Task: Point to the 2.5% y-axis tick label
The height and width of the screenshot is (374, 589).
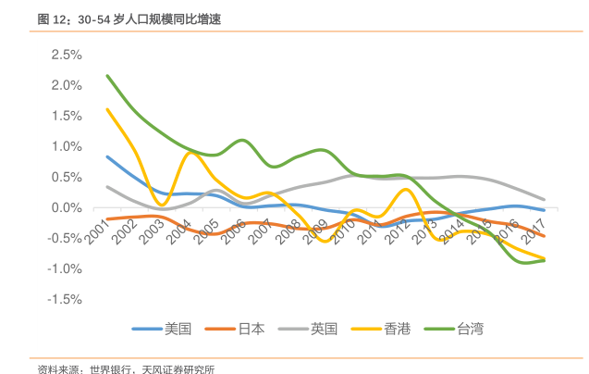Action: (x=67, y=55)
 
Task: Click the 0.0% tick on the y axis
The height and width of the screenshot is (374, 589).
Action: (x=67, y=207)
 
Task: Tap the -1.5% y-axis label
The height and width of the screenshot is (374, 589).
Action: (x=66, y=299)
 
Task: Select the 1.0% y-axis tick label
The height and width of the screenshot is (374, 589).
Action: (x=67, y=146)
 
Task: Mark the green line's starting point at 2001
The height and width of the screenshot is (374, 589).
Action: (x=107, y=76)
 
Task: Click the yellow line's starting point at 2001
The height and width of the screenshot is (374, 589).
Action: (x=107, y=109)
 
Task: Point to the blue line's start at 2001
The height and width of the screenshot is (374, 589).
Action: (x=107, y=156)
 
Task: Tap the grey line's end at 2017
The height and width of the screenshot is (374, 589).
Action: (x=544, y=199)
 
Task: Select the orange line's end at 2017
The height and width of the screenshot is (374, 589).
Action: (x=544, y=236)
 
